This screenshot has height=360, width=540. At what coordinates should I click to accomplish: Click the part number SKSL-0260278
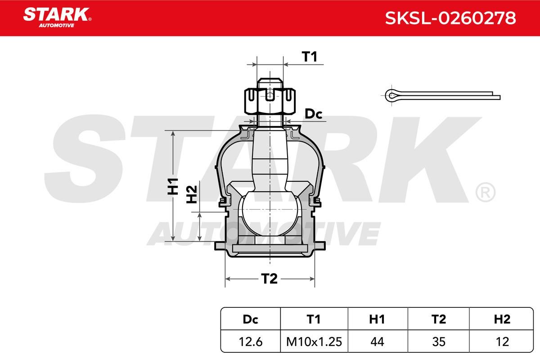coord(450,18)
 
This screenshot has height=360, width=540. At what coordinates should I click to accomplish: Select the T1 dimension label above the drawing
coord(310,57)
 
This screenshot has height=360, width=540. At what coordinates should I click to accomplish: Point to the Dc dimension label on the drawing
coord(313,114)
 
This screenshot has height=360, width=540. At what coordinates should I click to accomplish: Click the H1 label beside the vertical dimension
coord(173,186)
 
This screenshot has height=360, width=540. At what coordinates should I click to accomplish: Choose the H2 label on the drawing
coord(192,194)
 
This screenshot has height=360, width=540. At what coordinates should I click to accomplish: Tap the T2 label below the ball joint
coord(270,279)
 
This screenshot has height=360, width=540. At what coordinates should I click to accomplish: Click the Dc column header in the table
coord(251,319)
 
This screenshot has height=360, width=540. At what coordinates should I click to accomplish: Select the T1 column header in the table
coord(314,319)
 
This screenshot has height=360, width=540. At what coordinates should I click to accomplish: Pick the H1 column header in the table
coord(377,319)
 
